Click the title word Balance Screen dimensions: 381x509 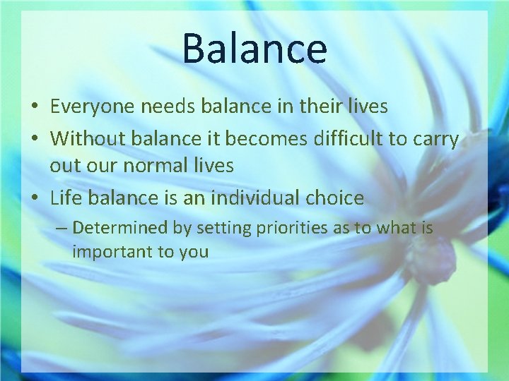point(255,48)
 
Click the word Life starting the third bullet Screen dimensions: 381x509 point(64,198)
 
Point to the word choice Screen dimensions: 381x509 point(335,198)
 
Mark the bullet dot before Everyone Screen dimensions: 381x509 point(34,107)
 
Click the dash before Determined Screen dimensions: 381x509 point(62,228)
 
